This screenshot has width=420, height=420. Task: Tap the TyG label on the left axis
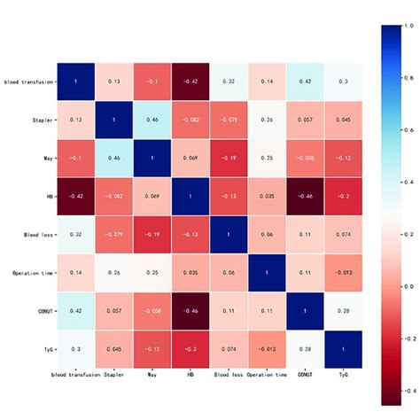pos(45,350)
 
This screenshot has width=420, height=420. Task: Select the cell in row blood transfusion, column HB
pos(190,82)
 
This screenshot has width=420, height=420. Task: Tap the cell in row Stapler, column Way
pos(152,121)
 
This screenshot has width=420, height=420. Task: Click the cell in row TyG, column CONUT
pos(304,350)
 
